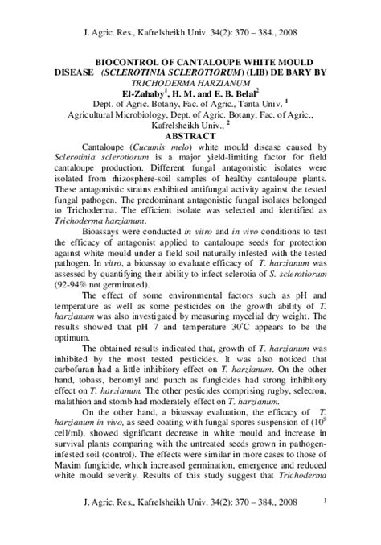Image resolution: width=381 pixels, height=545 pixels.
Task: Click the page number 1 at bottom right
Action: click(323, 523)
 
